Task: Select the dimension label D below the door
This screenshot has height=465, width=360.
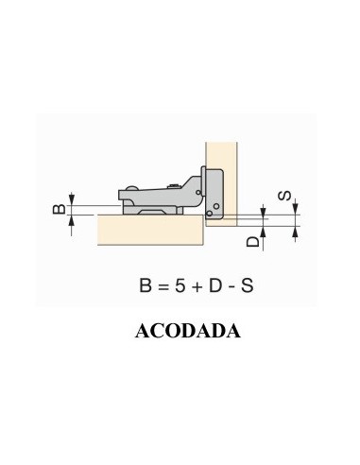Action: [x=251, y=242]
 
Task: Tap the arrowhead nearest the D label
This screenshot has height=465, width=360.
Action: [x=266, y=229]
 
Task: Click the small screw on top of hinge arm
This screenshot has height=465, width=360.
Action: [x=171, y=184]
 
